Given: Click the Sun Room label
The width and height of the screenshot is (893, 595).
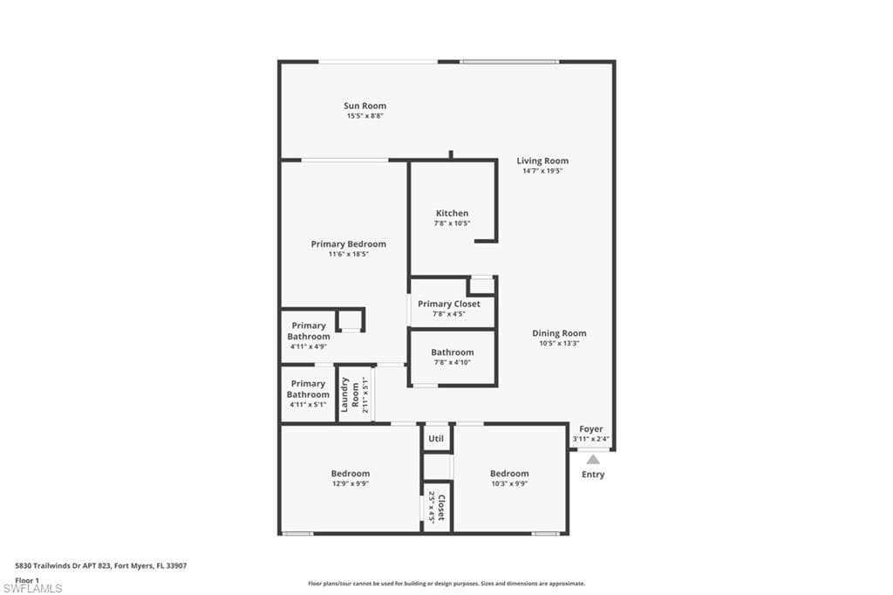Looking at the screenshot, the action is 365,106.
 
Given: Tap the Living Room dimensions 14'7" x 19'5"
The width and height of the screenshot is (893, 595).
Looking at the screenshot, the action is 542,171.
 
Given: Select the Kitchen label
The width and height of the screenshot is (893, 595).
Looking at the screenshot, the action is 453,213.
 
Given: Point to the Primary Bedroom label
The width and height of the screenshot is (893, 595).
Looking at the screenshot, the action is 349,244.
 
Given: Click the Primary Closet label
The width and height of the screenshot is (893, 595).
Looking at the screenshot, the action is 449,304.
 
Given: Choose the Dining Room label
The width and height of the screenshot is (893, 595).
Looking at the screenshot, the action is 559,333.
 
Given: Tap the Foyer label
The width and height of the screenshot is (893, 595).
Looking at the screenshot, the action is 591,429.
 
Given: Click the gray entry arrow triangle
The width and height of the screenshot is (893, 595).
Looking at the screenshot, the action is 593,460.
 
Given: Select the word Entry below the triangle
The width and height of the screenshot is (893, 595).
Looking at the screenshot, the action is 593,475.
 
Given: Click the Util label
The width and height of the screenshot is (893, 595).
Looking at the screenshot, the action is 436,438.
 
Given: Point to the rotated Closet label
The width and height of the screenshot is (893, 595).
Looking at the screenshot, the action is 441,507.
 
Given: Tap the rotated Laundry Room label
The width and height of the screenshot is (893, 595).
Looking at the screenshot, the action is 350,394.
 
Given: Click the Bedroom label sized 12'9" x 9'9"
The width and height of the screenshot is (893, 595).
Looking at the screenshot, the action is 351,474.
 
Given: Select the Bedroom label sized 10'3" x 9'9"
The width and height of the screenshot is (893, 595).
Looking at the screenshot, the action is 509,474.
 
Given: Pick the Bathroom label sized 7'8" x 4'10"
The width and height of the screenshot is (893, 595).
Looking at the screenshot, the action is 453,352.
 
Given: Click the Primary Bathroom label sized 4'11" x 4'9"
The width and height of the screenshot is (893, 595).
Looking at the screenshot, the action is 309,332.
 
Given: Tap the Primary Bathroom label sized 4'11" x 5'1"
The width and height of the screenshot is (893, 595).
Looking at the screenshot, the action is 308,389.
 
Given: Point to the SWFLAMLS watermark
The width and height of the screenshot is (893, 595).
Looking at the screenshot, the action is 32,588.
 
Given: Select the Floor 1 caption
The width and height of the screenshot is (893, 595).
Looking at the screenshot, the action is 27,580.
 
